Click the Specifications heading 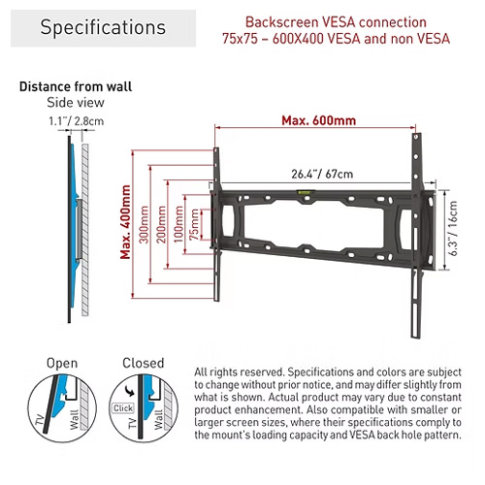click(x=103, y=27)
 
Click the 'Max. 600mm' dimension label click(x=318, y=120)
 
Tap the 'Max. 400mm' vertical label click(x=125, y=222)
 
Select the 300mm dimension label click(x=144, y=224)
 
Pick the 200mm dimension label click(x=161, y=224)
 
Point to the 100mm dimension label click(x=178, y=224)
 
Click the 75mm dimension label click(x=194, y=224)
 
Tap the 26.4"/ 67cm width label click(x=322, y=174)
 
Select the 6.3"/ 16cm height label click(x=453, y=229)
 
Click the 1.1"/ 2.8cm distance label click(x=77, y=121)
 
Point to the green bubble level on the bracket click(x=305, y=192)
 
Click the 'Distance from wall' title click(x=76, y=86)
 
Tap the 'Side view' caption click(x=76, y=103)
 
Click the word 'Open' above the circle click(x=62, y=363)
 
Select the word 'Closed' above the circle click(x=144, y=363)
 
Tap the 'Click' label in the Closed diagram click(x=123, y=408)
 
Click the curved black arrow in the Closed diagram click(x=130, y=391)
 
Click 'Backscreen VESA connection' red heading click(x=336, y=22)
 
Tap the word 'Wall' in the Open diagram click(x=75, y=419)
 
